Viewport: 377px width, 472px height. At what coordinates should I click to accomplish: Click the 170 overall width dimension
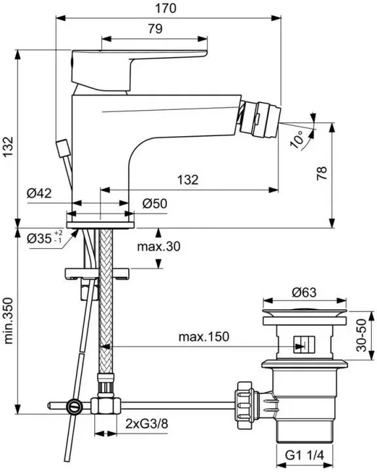click(166, 9)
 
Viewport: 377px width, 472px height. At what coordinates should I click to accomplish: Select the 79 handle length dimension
click(155, 29)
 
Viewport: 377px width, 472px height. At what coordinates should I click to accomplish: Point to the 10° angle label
click(298, 139)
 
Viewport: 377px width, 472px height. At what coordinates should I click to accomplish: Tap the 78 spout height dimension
click(321, 173)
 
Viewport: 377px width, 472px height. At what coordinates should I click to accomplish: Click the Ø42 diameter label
click(39, 193)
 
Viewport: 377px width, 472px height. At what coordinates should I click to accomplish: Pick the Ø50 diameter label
click(155, 204)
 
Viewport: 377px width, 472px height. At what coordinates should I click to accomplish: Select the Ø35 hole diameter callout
click(45, 238)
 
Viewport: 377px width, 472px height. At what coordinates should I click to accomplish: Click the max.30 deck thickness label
click(159, 247)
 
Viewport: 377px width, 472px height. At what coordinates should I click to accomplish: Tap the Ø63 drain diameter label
click(304, 292)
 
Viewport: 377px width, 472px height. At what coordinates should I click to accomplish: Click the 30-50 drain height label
click(362, 335)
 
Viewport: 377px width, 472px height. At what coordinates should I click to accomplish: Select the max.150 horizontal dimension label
click(204, 336)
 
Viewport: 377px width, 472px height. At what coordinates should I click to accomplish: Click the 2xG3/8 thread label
click(147, 424)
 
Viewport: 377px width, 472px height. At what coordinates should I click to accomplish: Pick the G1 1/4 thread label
click(304, 456)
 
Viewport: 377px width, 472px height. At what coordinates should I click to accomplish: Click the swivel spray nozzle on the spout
click(260, 117)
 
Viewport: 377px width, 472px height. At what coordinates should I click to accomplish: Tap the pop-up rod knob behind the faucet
click(63, 148)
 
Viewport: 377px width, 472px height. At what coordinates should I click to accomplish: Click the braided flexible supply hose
click(105, 301)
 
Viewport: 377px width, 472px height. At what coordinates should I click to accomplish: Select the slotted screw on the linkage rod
click(75, 407)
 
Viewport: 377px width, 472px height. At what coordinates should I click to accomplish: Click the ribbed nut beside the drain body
click(246, 405)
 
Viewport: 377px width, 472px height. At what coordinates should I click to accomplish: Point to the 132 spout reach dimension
click(188, 180)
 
